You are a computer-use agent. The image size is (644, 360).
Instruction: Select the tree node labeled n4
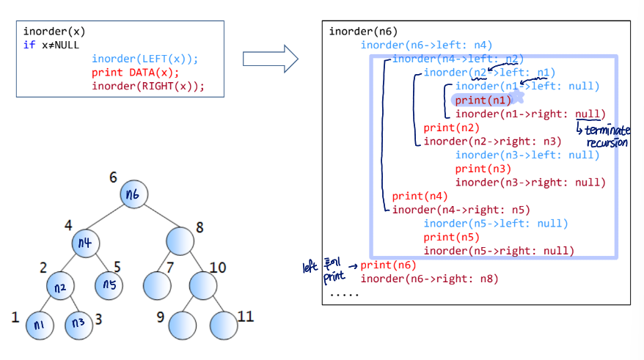point(86,241)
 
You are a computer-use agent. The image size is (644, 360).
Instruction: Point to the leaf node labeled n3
point(78,323)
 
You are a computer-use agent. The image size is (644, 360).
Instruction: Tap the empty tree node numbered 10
point(203,284)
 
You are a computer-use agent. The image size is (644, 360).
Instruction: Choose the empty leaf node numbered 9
point(182,323)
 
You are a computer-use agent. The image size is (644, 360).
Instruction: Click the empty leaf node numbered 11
point(223,323)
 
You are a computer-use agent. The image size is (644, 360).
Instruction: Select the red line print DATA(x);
point(136,73)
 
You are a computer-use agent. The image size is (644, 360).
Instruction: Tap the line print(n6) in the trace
point(388,265)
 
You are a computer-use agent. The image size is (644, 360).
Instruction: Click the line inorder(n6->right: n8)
point(429,279)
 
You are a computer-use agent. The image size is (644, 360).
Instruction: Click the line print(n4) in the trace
point(420,196)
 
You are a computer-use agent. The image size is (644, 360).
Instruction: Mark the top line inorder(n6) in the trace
point(363,32)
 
